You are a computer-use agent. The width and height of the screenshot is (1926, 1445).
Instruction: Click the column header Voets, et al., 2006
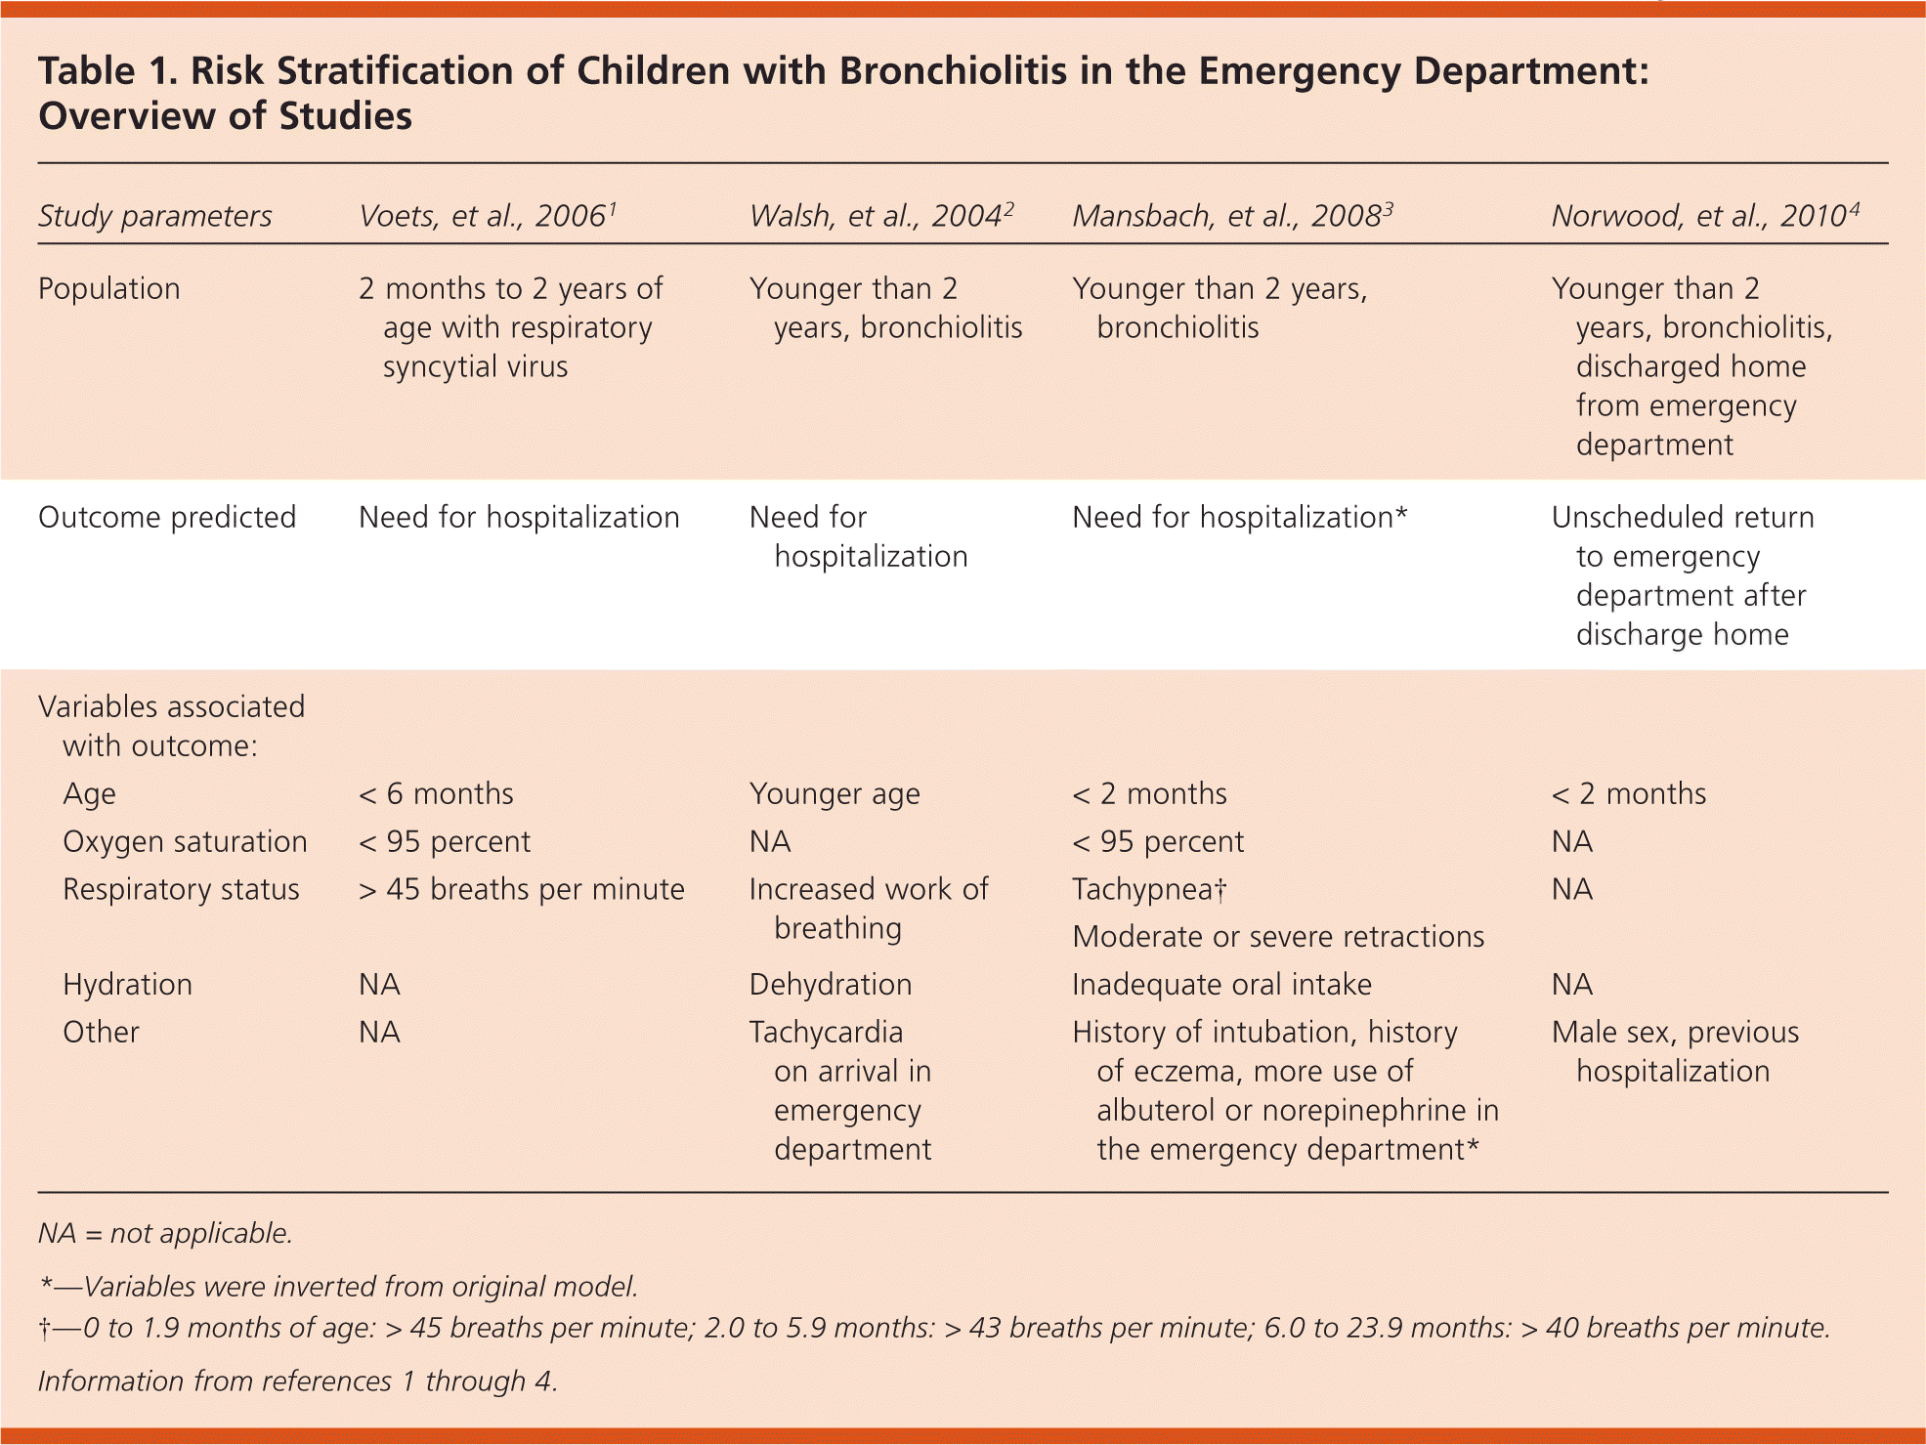pyautogui.click(x=487, y=216)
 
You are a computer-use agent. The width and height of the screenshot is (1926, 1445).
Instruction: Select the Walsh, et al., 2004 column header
pyautogui.click(x=880, y=216)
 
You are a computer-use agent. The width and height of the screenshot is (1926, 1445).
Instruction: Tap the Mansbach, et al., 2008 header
pyautogui.click(x=1231, y=216)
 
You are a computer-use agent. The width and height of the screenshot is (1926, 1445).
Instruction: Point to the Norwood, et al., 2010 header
pyautogui.click(x=1704, y=216)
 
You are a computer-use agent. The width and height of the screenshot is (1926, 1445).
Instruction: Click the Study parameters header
pyautogui.click(x=154, y=216)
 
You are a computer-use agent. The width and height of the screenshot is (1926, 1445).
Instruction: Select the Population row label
pyautogui.click(x=108, y=289)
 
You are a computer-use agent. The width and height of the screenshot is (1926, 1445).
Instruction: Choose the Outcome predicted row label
pyautogui.click(x=166, y=518)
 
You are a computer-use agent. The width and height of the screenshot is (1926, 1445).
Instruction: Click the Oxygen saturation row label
pyautogui.click(x=185, y=842)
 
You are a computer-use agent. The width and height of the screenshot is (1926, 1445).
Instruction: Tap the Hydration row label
pyautogui.click(x=127, y=985)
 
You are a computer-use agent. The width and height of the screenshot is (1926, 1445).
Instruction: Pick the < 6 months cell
pyautogui.click(x=436, y=794)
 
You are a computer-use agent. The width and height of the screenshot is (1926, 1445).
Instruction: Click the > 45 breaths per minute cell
pyautogui.click(x=521, y=890)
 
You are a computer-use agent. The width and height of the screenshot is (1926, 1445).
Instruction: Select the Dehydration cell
pyautogui.click(x=830, y=985)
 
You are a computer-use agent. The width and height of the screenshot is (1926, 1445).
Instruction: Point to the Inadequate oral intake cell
pyautogui.click(x=1221, y=985)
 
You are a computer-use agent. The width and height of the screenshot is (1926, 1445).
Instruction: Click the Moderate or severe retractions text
pyautogui.click(x=1277, y=937)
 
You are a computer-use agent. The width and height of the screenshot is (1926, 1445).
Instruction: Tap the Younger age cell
pyautogui.click(x=834, y=794)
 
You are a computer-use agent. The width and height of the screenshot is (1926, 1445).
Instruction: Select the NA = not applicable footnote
pyautogui.click(x=165, y=1234)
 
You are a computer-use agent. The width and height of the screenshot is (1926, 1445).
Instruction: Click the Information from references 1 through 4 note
pyautogui.click(x=297, y=1381)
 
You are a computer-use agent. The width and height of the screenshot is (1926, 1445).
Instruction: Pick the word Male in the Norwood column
pyautogui.click(x=1584, y=1033)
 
